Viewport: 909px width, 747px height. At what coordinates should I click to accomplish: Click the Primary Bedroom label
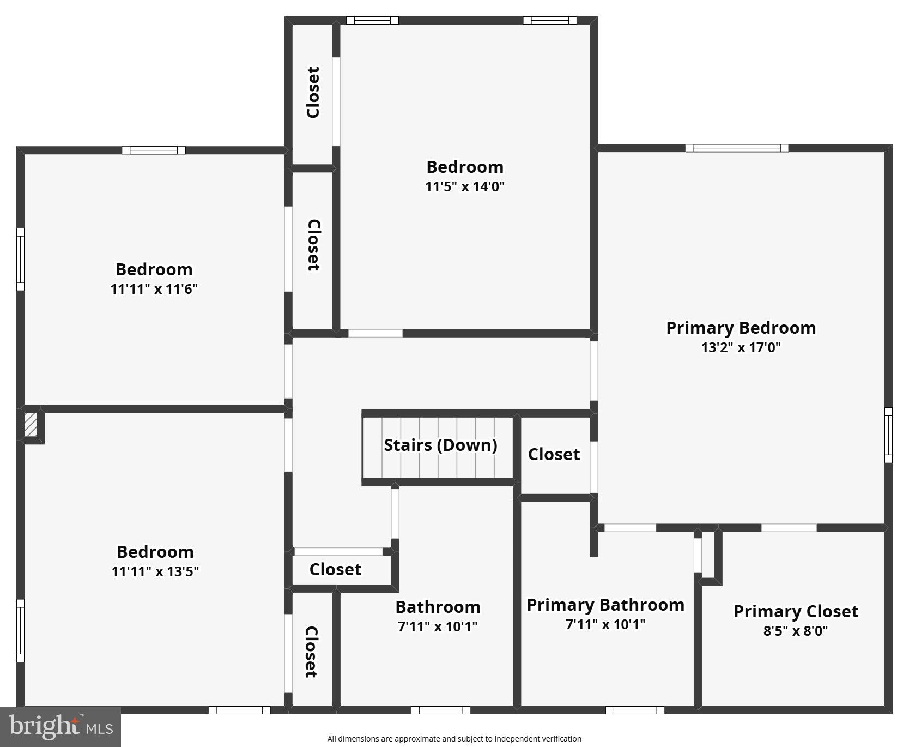point(741,328)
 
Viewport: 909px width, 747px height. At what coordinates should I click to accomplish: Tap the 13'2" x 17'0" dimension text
point(741,347)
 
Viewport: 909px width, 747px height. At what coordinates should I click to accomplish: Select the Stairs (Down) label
point(440,445)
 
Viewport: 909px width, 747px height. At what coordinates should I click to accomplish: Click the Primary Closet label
point(796,611)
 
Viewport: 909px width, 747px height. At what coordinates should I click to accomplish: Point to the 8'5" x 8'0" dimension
point(796,631)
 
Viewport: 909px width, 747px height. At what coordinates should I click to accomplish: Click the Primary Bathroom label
point(605,605)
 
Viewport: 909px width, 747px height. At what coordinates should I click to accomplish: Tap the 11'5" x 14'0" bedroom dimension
point(465,186)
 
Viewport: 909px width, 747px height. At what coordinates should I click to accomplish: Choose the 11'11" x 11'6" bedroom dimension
point(154,289)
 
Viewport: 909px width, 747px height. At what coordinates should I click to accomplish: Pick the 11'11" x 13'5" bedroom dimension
point(155,571)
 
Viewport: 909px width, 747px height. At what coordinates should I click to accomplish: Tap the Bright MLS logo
point(60,727)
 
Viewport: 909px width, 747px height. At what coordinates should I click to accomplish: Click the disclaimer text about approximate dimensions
point(454,739)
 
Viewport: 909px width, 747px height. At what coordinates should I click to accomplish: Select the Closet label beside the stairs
point(554,454)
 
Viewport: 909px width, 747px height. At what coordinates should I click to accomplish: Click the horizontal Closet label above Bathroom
point(335,569)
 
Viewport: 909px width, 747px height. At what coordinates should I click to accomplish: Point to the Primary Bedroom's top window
point(737,148)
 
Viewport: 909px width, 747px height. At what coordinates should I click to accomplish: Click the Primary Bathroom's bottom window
point(635,710)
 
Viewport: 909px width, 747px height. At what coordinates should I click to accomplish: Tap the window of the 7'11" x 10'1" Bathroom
point(440,710)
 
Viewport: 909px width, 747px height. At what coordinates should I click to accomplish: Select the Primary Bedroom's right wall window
point(888,435)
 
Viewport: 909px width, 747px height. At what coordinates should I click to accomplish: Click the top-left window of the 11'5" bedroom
point(372,21)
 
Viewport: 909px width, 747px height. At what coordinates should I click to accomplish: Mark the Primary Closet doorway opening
point(789,528)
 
